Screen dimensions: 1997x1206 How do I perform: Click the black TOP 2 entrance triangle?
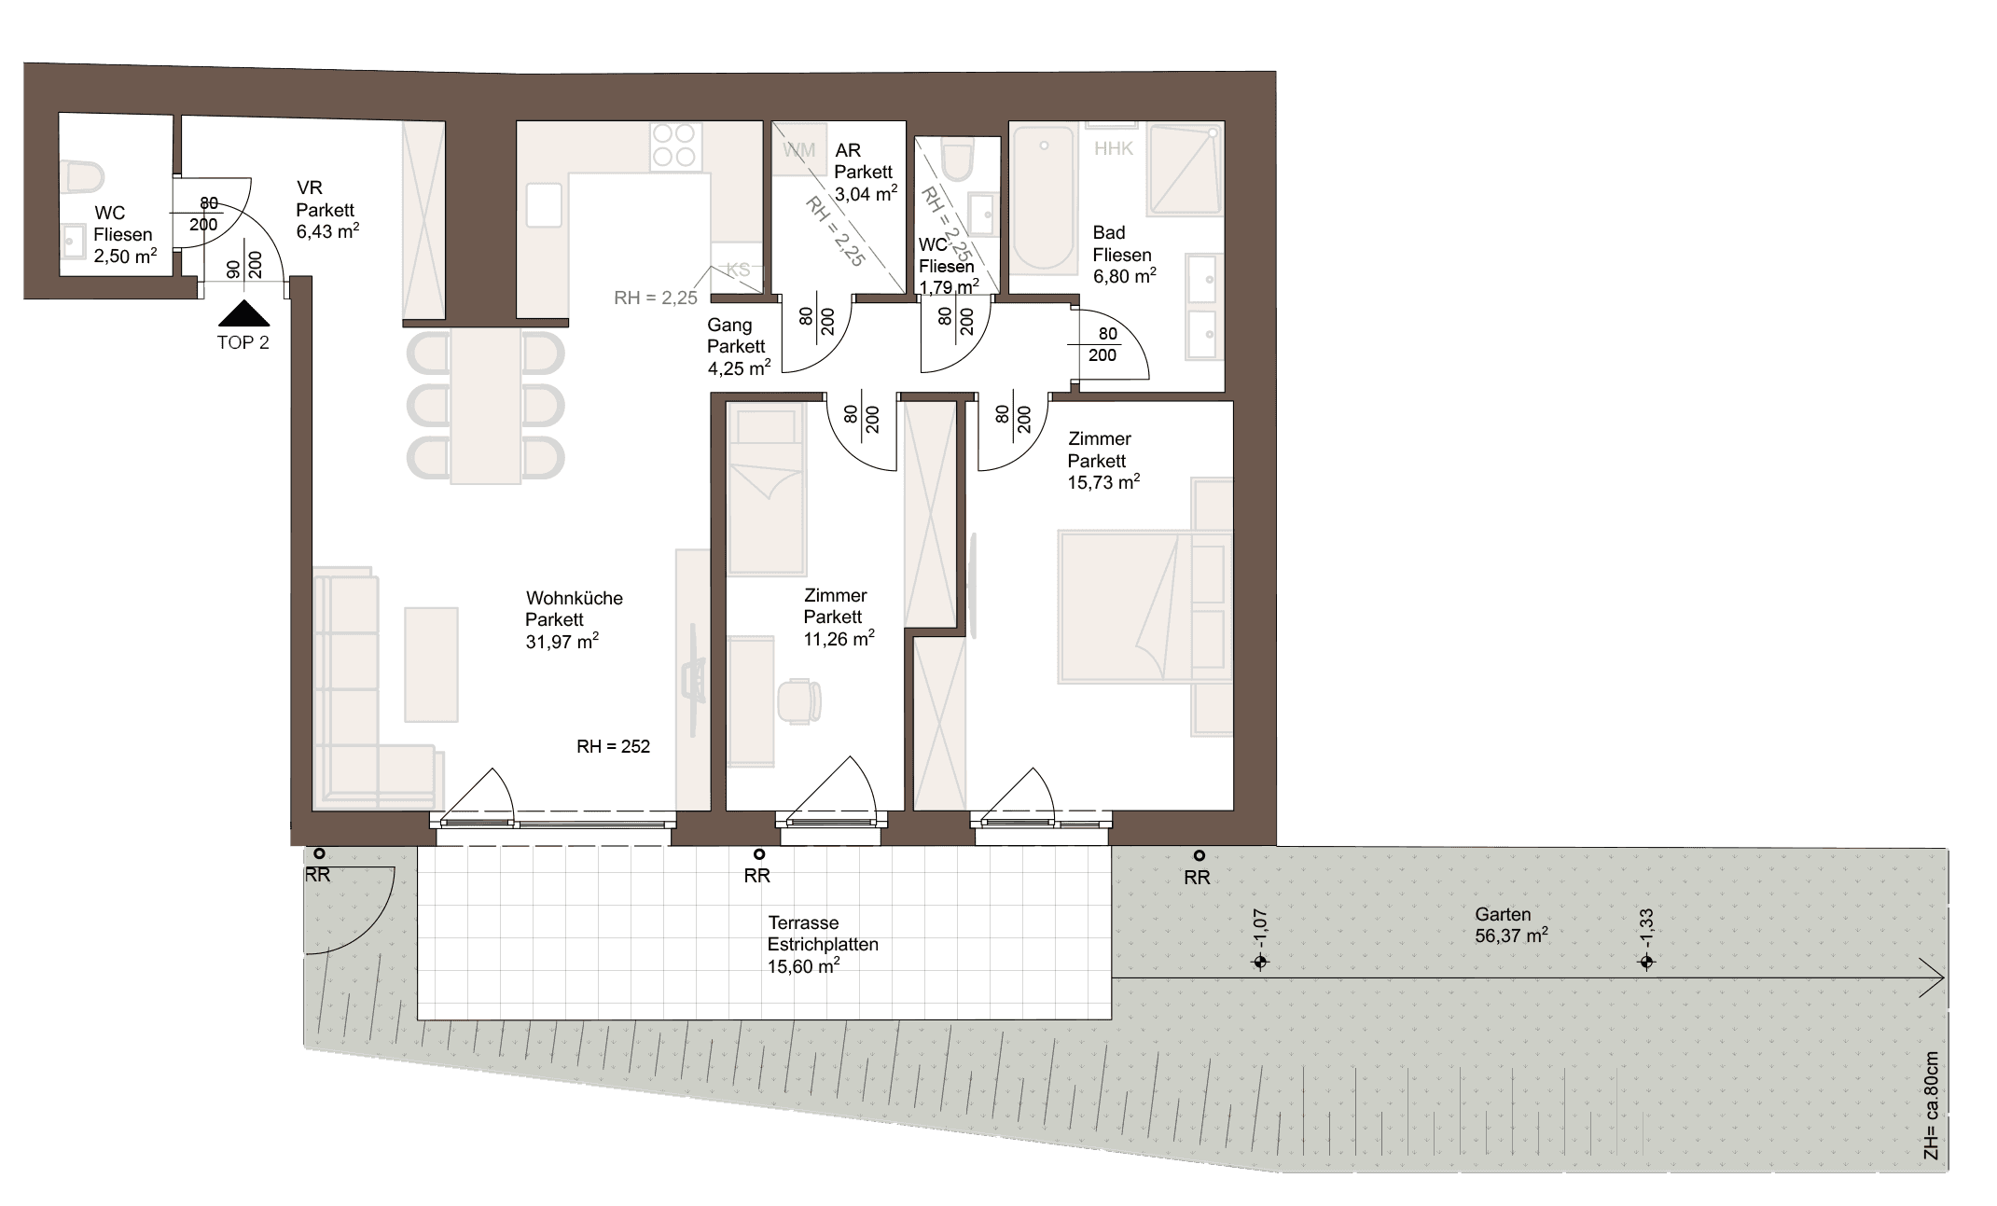243,313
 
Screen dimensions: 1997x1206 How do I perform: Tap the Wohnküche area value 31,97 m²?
562,642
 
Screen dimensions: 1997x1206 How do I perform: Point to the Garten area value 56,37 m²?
1512,936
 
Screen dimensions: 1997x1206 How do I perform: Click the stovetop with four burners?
674,146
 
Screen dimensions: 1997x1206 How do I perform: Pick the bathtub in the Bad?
1044,200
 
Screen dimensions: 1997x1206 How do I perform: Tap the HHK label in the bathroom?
1114,148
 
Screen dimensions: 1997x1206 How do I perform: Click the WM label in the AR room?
799,150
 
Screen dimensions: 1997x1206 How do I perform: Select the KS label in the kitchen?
738,270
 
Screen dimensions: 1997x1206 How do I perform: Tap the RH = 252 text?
613,746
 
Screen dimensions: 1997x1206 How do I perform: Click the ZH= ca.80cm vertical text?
1931,1106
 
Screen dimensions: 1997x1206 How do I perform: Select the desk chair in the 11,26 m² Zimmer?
798,700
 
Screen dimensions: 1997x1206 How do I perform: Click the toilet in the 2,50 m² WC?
84,175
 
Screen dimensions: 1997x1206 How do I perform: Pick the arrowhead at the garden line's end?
1933,978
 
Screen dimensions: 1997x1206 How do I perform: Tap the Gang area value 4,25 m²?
740,368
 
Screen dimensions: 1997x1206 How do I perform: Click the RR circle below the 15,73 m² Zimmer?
1199,855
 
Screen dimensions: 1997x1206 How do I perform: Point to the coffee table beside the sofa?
431,664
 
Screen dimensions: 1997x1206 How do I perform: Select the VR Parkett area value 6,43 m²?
327,231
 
